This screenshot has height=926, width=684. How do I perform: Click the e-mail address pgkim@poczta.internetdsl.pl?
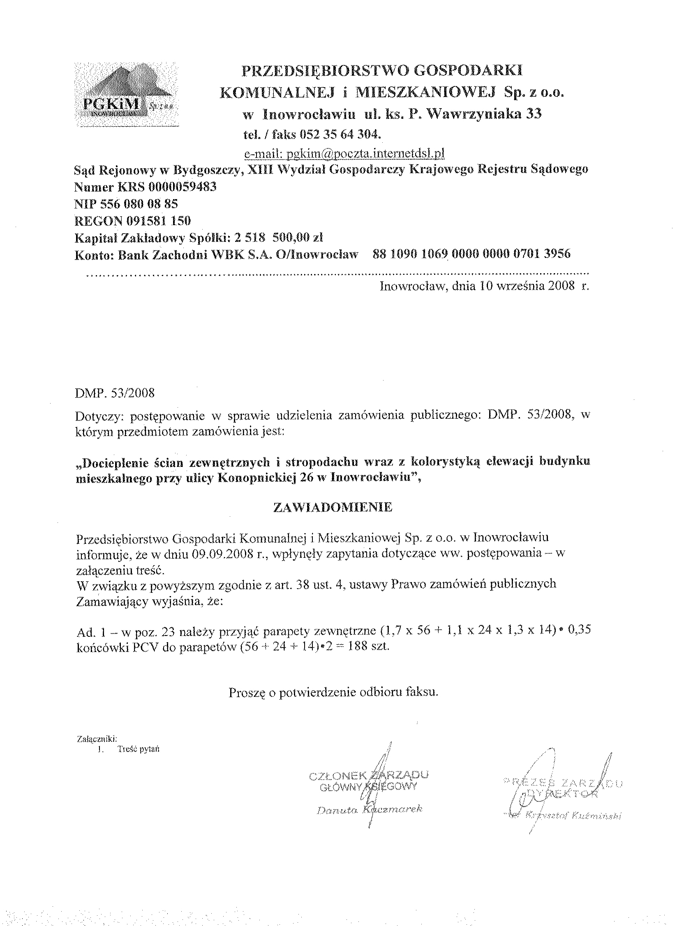tap(344, 153)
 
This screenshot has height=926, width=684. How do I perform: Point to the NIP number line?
tap(126, 204)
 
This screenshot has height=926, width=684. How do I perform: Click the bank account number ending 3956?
tap(471, 253)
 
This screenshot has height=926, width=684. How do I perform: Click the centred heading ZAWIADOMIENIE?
tap(333, 508)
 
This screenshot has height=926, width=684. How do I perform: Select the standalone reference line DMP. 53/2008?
tap(115, 393)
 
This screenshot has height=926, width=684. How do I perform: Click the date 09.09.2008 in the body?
tap(223, 555)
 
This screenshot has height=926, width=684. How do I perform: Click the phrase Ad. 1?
tap(88, 631)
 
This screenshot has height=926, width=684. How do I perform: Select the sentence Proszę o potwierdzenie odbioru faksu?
tap(333, 692)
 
